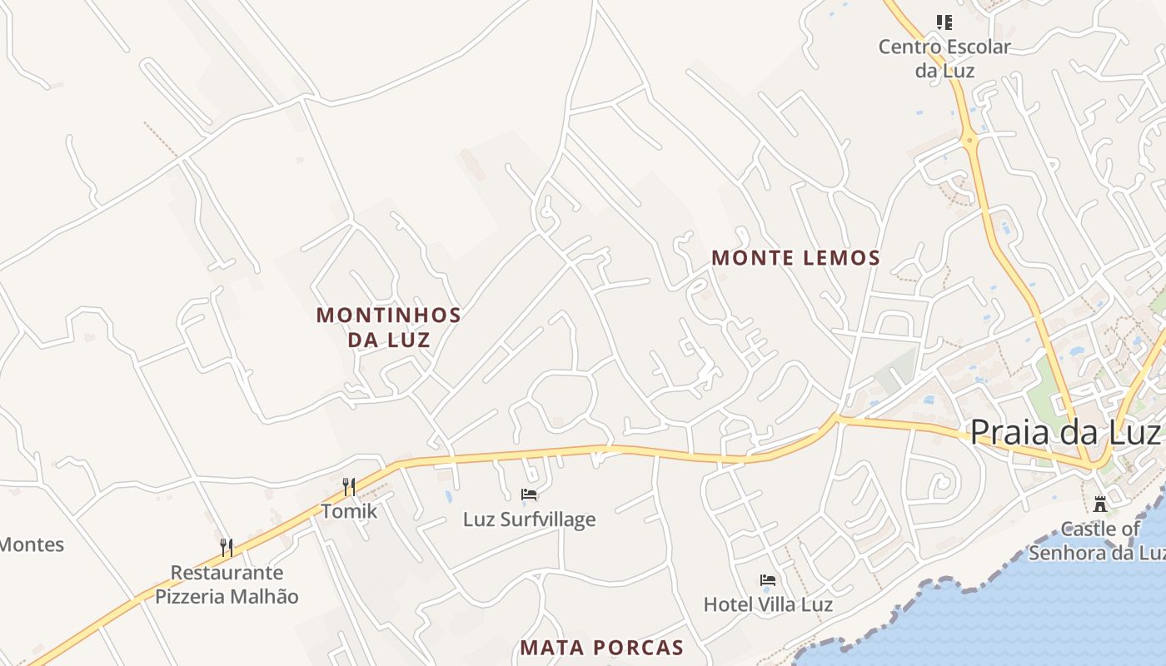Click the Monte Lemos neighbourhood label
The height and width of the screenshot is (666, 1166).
click(795, 258)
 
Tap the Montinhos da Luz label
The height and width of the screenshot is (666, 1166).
click(388, 327)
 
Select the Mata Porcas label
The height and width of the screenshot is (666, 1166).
click(601, 648)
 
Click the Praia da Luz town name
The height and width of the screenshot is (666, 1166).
click(1065, 432)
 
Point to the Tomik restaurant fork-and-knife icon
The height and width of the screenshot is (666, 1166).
click(349, 486)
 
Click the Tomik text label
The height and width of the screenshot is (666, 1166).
click(349, 511)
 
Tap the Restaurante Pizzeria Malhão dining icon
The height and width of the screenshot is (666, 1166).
click(226, 547)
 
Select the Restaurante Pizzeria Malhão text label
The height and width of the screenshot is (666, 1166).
click(227, 584)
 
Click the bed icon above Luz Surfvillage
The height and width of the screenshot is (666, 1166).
click(529, 495)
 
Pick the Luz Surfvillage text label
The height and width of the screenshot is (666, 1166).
click(530, 519)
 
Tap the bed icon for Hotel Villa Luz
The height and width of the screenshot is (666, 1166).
click(768, 579)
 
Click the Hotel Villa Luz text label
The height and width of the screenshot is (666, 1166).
click(768, 604)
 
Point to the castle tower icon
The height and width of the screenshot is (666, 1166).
click(1100, 504)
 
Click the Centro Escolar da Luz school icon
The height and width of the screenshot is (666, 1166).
click(944, 22)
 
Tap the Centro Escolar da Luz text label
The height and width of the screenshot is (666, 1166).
click(944, 58)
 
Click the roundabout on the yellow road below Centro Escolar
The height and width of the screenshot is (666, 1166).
click(969, 140)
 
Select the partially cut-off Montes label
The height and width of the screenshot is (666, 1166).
click(32, 545)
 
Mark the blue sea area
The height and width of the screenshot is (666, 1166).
click(1041, 616)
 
